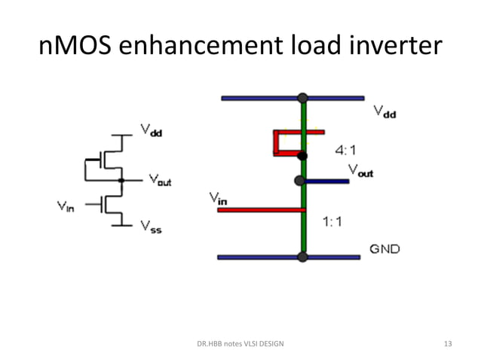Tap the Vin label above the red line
tap(219, 199)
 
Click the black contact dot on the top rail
tap(302, 98)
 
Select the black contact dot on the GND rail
tap(302, 257)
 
